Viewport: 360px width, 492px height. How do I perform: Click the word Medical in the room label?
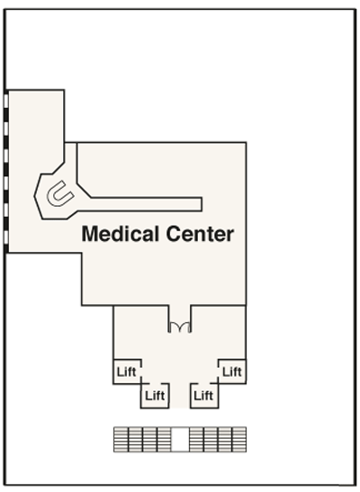coord(121,234)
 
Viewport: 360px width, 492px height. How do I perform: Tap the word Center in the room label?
coord(200,234)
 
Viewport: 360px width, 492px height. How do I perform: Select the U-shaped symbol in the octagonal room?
coord(60,194)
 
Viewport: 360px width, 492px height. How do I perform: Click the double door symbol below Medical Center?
coord(179,327)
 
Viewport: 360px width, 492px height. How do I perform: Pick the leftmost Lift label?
coord(127,371)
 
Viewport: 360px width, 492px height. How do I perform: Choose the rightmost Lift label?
coord(232,371)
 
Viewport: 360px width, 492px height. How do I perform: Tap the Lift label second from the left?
coord(155,396)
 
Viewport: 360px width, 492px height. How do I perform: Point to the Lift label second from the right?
coord(203,396)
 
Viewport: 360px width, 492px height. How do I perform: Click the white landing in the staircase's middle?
coord(180,439)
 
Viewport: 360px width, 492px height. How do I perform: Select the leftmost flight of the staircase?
coord(121,439)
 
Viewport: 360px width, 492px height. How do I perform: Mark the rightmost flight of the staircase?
coord(239,439)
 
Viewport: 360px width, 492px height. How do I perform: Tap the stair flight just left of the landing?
coord(164,439)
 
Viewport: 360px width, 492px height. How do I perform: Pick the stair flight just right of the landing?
coord(196,439)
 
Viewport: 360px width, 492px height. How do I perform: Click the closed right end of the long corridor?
coord(202,204)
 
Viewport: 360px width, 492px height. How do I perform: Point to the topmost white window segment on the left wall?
coord(6,101)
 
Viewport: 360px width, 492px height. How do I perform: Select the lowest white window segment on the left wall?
coord(6,237)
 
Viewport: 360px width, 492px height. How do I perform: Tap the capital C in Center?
coord(174,234)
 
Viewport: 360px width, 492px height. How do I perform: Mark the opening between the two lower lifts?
coord(179,396)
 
